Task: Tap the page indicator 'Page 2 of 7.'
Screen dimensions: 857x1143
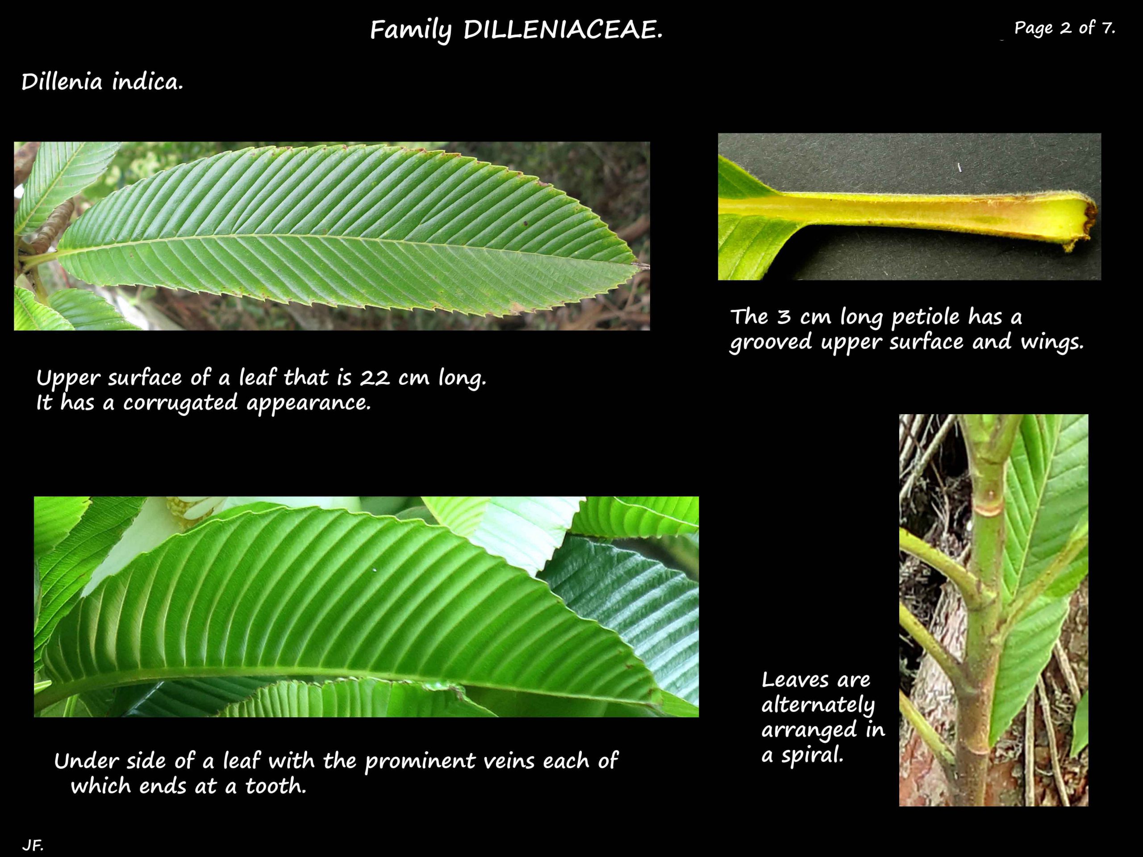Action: pyautogui.click(x=1064, y=27)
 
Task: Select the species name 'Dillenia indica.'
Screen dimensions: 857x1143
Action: pyautogui.click(x=102, y=82)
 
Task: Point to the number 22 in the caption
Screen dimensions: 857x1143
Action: pyautogui.click(x=375, y=378)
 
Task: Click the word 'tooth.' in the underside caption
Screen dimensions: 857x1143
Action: pyautogui.click(x=275, y=786)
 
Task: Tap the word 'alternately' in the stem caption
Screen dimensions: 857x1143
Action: pyautogui.click(x=818, y=705)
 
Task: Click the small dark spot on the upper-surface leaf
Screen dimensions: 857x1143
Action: pyautogui.click(x=526, y=224)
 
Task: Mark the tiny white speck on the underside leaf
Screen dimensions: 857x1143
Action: pyautogui.click(x=375, y=570)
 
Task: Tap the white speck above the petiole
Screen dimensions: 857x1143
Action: pyautogui.click(x=959, y=168)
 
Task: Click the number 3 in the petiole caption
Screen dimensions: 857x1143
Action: pyautogui.click(x=784, y=316)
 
